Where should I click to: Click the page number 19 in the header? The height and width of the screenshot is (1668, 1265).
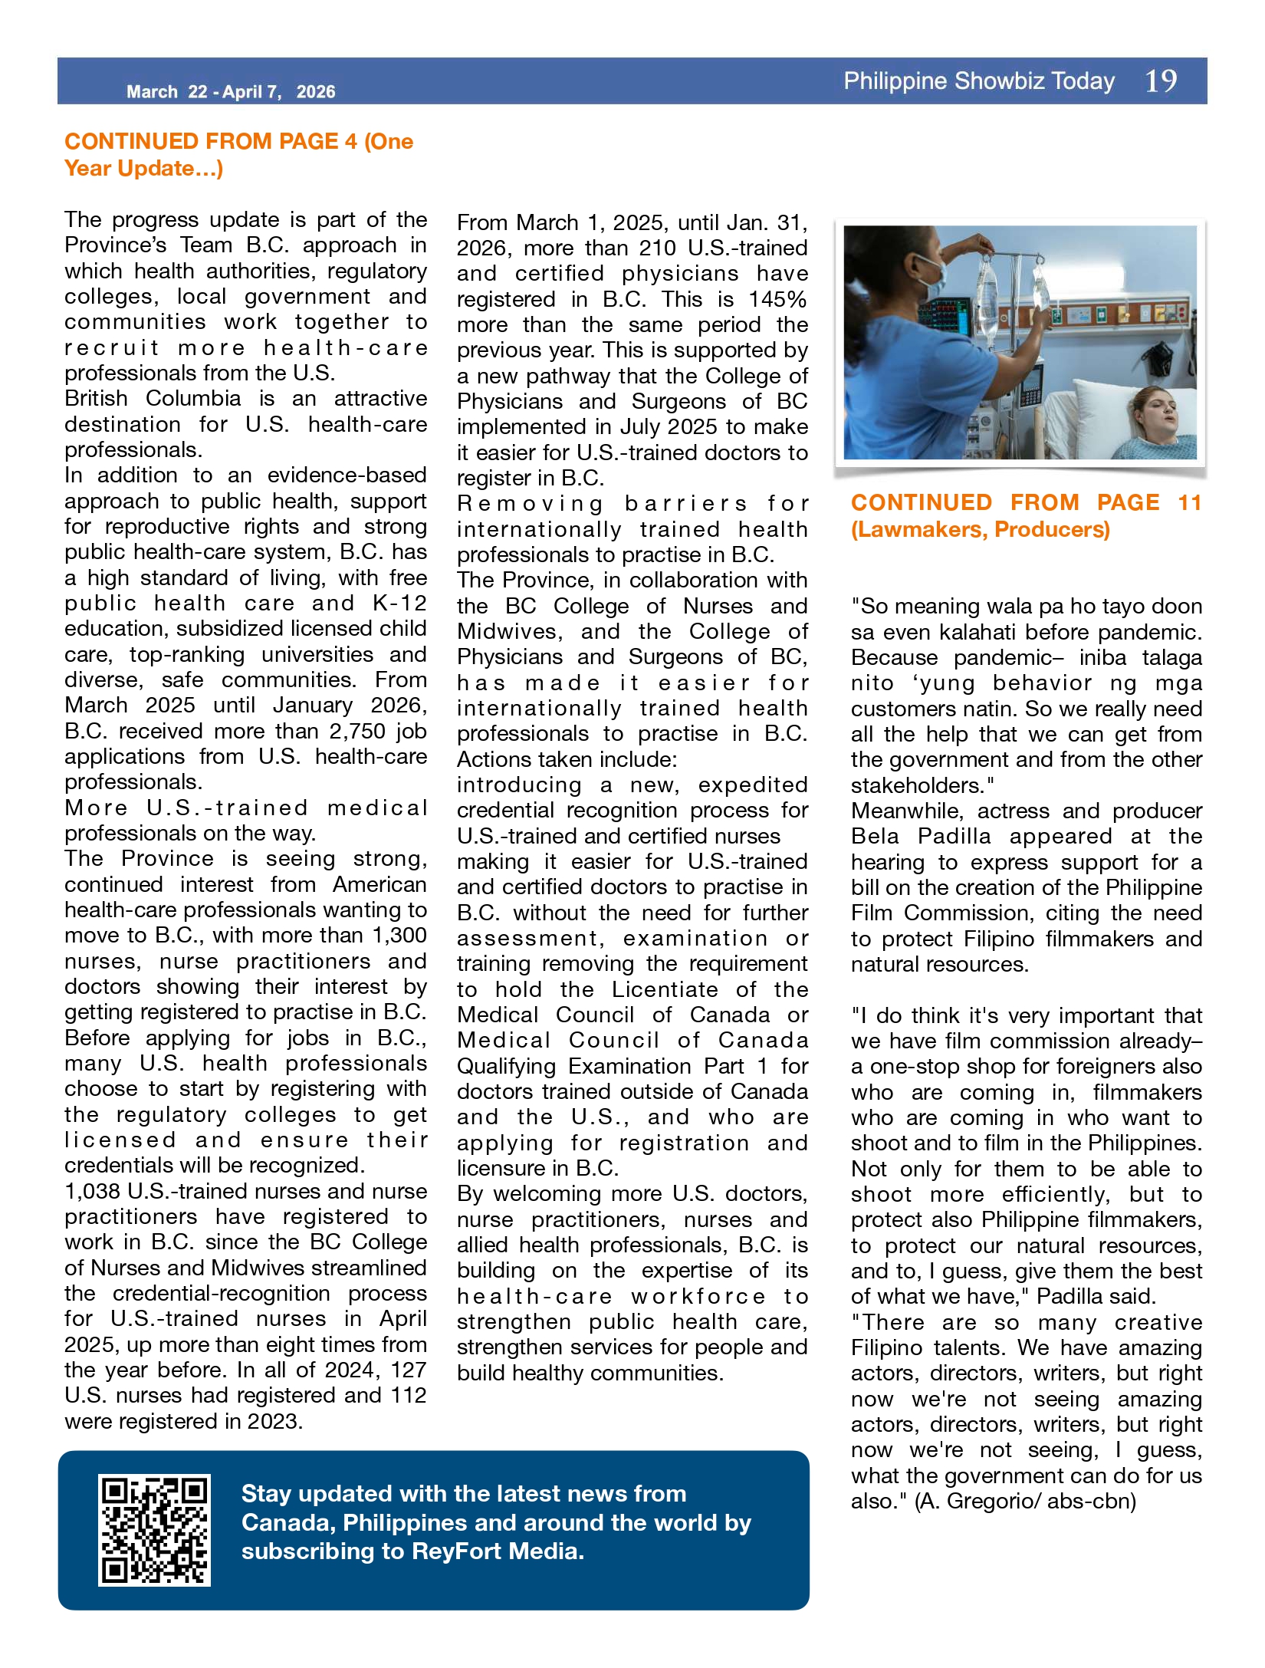[x=1161, y=81]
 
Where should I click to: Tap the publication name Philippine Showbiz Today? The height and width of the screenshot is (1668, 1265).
[x=979, y=81]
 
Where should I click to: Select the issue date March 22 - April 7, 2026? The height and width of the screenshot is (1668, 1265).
[x=231, y=92]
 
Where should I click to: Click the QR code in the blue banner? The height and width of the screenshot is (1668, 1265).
[x=154, y=1529]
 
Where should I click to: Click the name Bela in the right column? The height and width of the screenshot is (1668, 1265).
[x=874, y=836]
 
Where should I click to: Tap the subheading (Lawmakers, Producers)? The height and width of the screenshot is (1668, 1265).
[x=981, y=530]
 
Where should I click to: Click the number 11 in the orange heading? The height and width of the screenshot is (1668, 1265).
[x=1189, y=502]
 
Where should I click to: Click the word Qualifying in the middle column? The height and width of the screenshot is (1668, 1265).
[x=506, y=1066]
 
